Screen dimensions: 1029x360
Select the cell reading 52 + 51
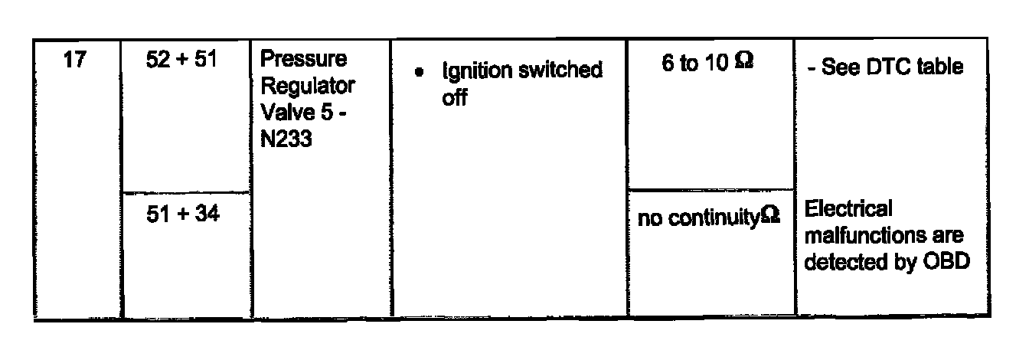click(x=182, y=62)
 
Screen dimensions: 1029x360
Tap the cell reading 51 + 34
click(x=182, y=215)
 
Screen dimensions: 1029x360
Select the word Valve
click(x=283, y=113)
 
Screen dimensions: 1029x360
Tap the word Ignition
click(x=473, y=71)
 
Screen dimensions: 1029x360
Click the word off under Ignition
click(x=454, y=97)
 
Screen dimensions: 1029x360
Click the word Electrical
click(x=849, y=209)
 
